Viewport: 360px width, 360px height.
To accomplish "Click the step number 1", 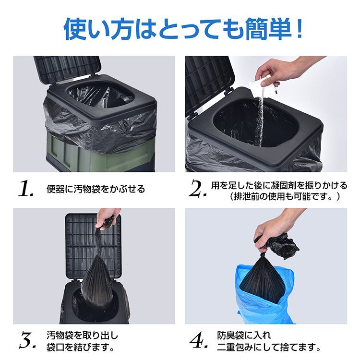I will click(26, 189).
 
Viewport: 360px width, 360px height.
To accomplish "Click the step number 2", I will click(197, 189).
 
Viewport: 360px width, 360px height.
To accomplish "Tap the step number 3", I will click(26, 340).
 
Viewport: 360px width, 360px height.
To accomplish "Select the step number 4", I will click(198, 340).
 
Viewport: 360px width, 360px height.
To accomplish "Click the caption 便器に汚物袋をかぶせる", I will click(96, 189).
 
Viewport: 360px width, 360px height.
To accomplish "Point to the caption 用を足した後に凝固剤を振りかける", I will click(279, 185).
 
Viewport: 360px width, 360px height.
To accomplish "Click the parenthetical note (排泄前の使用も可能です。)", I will click(285, 197).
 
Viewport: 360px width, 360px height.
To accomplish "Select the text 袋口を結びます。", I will click(80, 347).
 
